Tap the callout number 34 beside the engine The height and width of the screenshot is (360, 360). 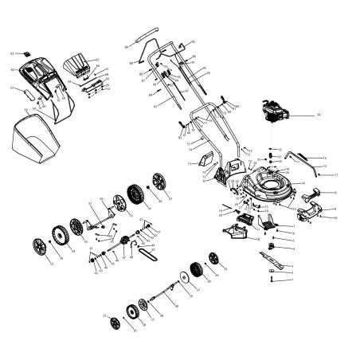point(319,115)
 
